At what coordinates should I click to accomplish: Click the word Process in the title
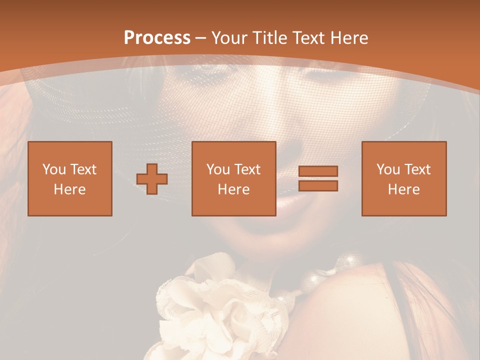pos(157,38)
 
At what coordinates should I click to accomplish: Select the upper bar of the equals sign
pos(318,171)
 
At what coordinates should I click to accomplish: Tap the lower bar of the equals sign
pos(318,186)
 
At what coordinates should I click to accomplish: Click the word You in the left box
pos(54,169)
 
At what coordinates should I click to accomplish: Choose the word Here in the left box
pos(69,189)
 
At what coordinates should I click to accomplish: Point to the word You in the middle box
pos(218,169)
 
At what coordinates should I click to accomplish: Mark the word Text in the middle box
pos(247,169)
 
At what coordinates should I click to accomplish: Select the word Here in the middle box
pos(233,189)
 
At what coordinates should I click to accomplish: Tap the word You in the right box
pos(388,169)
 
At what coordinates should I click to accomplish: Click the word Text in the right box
pos(417,169)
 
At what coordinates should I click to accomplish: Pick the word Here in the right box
pos(403,189)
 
